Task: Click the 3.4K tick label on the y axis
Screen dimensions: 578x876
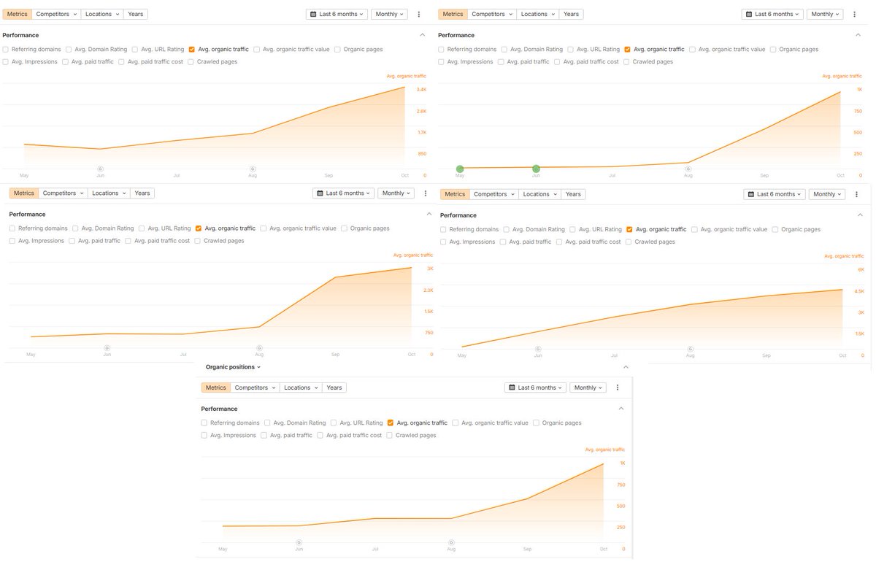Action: point(421,90)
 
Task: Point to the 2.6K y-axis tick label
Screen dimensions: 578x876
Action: point(421,111)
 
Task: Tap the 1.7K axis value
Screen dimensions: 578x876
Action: point(421,133)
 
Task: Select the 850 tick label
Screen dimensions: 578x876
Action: point(422,154)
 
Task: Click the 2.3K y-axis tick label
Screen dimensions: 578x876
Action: point(429,290)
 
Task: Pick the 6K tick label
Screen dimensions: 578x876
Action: point(861,270)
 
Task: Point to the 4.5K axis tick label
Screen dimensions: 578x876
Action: point(859,291)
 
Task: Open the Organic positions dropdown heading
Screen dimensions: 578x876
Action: point(233,367)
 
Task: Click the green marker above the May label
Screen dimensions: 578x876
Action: point(460,169)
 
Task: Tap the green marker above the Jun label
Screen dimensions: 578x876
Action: point(536,169)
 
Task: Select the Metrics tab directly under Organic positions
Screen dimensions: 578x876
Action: point(215,388)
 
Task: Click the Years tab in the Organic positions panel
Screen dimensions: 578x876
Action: point(334,388)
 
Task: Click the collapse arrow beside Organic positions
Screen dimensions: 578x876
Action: point(625,367)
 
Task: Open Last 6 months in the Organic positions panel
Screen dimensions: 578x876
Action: point(535,388)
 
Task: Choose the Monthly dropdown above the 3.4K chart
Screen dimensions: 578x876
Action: point(389,14)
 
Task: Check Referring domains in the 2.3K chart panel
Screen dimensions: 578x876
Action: point(13,228)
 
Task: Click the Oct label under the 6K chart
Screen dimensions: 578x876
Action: point(842,355)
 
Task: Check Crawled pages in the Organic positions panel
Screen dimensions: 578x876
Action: point(390,436)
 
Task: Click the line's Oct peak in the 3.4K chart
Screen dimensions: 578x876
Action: point(404,88)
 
